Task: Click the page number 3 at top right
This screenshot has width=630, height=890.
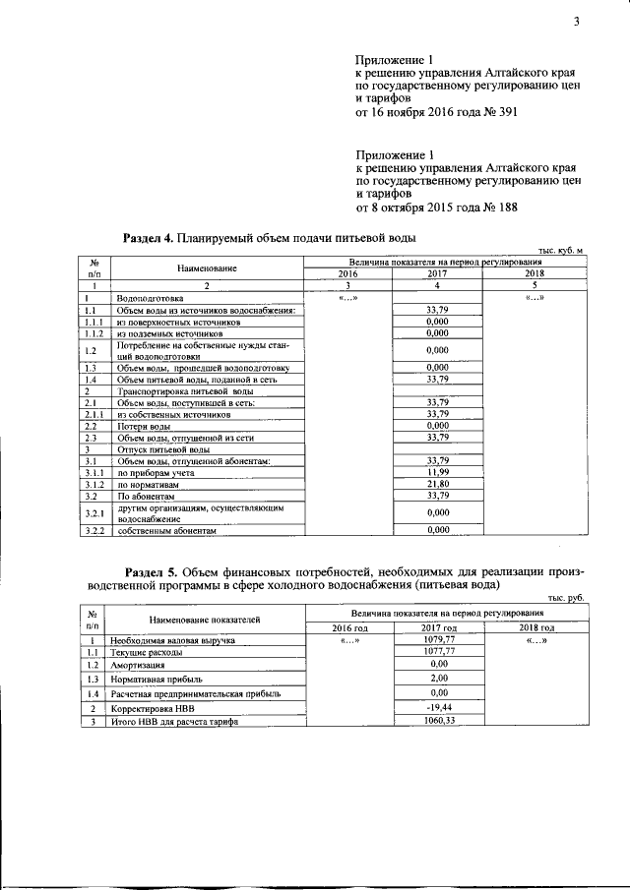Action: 575,26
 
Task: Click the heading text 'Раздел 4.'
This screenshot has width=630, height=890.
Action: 147,238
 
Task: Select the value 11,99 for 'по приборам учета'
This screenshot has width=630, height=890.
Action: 438,473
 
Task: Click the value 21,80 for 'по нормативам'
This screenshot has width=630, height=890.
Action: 438,485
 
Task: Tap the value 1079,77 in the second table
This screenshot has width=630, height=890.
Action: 438,639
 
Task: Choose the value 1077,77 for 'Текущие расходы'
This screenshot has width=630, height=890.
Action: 438,651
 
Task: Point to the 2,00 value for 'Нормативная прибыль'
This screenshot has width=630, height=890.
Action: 438,679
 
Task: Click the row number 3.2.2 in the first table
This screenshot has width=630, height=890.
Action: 94,530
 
